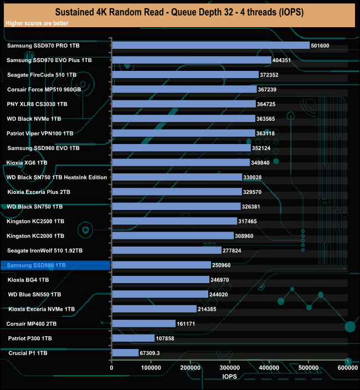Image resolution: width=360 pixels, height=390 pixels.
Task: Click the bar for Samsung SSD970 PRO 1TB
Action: (x=210, y=45)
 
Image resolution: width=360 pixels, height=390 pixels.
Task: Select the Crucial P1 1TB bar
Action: (x=125, y=353)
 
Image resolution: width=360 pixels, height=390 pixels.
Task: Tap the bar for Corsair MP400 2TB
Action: (x=143, y=324)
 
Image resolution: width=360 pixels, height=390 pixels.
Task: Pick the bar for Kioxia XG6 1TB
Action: (x=181, y=162)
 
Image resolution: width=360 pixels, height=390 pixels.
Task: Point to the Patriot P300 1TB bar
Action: (x=133, y=338)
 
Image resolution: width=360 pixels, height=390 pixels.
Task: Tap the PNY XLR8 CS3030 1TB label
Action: (x=37, y=104)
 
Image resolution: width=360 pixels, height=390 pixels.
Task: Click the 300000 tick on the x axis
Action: (x=230, y=367)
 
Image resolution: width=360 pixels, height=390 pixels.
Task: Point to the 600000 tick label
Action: (x=347, y=367)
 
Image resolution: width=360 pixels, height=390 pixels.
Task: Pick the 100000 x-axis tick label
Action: (x=151, y=367)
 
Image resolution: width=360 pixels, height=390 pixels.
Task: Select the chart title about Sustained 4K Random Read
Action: (x=179, y=12)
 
